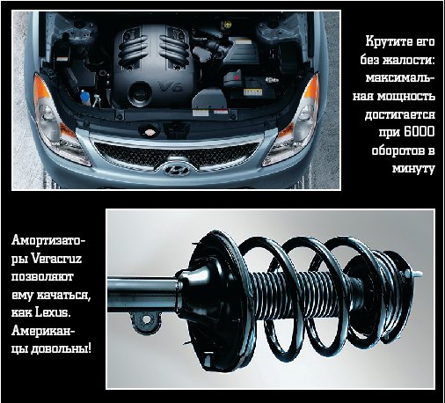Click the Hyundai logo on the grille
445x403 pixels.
(x=176, y=169)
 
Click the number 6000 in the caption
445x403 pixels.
(x=419, y=132)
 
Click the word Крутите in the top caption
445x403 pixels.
(x=387, y=41)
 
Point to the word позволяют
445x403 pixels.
(x=42, y=277)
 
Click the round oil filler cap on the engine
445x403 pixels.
(x=140, y=93)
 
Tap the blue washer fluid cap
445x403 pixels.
(x=84, y=95)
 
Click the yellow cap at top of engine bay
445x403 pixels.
(x=227, y=25)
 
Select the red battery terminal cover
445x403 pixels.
(x=237, y=77)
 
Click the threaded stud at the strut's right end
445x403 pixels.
(x=418, y=274)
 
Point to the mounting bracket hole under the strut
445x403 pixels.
(x=146, y=319)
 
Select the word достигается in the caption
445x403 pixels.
(x=399, y=114)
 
